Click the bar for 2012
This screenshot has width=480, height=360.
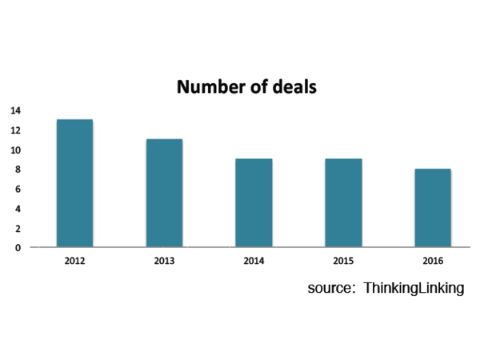(x=74, y=183)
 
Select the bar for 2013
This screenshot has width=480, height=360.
(x=164, y=193)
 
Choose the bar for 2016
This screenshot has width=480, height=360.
(x=433, y=208)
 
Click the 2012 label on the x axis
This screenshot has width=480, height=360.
(x=74, y=260)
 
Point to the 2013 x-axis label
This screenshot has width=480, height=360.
(x=164, y=260)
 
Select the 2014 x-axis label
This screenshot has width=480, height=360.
(x=254, y=260)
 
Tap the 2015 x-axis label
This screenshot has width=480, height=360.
(x=343, y=260)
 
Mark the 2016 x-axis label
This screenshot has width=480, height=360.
(x=433, y=260)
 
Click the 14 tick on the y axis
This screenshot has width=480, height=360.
(x=16, y=110)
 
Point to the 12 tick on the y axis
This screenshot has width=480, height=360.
(x=16, y=130)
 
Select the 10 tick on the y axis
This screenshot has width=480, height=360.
(x=16, y=150)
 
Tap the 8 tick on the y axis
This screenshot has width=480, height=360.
(x=18, y=170)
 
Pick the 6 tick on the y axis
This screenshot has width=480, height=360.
(x=18, y=190)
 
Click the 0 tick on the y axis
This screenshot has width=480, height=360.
(x=18, y=248)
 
